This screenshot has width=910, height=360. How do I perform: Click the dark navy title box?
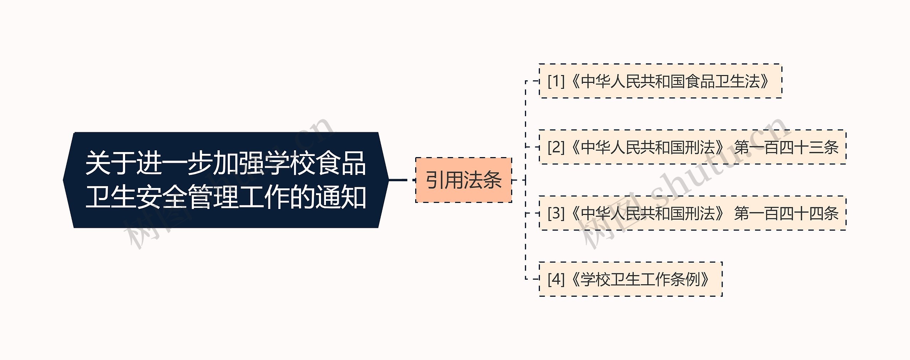(226, 180)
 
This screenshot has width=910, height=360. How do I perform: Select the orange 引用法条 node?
(464, 180)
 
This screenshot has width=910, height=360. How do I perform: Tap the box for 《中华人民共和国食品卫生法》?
(660, 81)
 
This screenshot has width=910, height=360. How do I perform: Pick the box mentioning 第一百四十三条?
(692, 147)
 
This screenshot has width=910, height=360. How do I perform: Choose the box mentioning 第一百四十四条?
(692, 213)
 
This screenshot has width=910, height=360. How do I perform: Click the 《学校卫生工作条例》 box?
(631, 279)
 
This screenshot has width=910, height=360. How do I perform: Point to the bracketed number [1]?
(556, 81)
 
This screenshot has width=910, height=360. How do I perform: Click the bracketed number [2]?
(556, 147)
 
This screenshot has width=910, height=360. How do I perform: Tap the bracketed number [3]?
(556, 213)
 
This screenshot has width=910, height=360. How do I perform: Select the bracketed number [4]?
(556, 279)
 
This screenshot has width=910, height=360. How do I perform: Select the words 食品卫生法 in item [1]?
(723, 81)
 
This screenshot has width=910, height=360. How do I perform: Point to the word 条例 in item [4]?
(685, 279)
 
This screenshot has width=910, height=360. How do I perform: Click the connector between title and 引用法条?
(402, 180)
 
